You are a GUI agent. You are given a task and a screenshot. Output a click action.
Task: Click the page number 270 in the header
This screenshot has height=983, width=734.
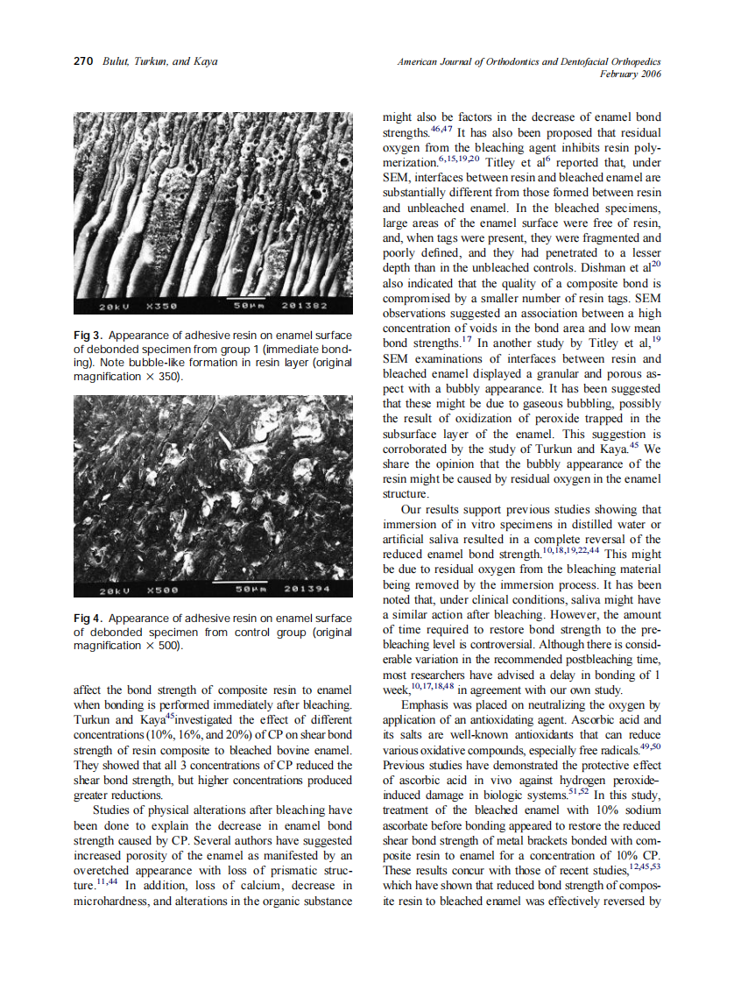point(83,61)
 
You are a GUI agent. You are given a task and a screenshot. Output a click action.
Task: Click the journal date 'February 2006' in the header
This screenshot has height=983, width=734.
point(630,74)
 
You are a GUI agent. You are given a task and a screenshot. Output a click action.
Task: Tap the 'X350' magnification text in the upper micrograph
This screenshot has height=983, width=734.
point(163,307)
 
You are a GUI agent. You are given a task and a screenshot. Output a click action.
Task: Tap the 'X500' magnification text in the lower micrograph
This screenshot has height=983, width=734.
point(163,590)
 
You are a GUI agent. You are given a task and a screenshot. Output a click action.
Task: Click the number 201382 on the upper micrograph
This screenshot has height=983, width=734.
point(304,307)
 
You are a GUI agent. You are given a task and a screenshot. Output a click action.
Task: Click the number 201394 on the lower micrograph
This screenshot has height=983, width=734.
point(304,590)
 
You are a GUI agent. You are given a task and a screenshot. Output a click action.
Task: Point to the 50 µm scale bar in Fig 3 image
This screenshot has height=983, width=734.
point(243,301)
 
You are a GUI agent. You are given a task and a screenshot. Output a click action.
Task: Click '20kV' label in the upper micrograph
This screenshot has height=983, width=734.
point(111,307)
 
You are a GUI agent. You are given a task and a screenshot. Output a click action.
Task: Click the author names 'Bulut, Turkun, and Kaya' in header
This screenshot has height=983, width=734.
point(159,61)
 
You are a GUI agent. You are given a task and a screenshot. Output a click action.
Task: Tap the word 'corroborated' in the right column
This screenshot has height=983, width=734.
point(417,449)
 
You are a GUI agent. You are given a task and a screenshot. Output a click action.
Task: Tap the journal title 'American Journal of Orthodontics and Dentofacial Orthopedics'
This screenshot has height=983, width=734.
point(529,61)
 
